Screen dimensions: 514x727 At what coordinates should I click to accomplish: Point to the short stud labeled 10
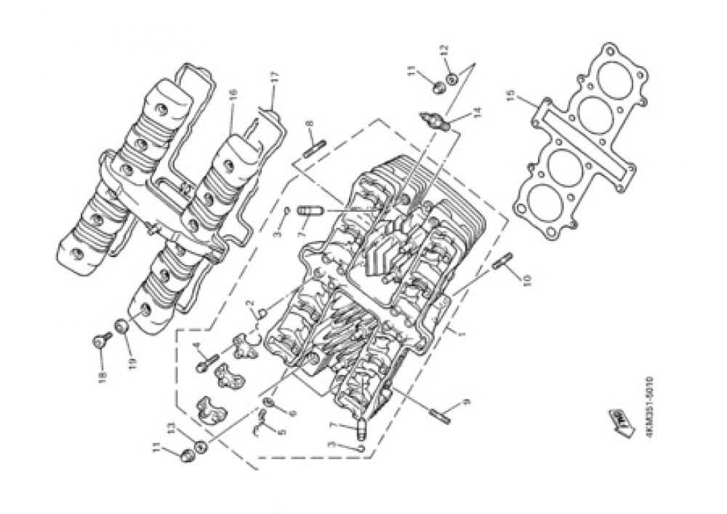[502, 261]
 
